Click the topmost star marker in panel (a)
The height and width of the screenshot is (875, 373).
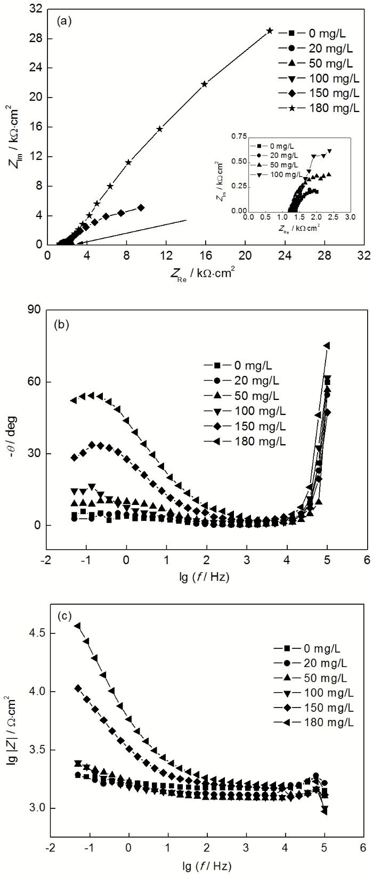[x=270, y=31]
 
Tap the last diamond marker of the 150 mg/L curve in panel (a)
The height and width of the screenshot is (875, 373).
[x=141, y=207]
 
